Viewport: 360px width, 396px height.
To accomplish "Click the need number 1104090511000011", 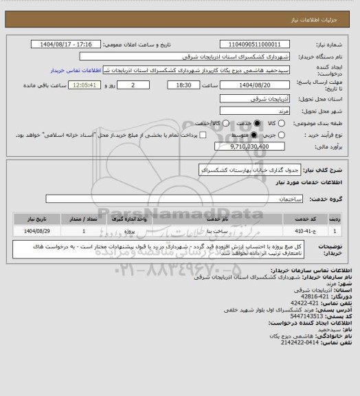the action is [x=254, y=43].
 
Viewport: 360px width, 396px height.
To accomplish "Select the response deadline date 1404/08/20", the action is [x=254, y=85].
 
